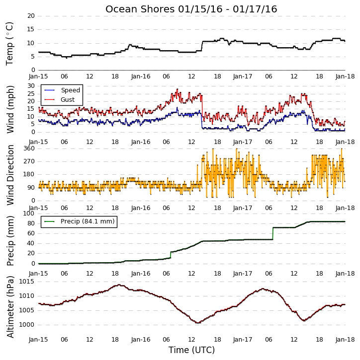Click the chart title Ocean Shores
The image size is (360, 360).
(140, 9)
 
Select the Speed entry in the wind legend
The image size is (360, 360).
(70, 90)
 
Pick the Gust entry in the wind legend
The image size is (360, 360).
(68, 100)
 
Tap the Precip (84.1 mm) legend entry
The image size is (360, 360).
(88, 221)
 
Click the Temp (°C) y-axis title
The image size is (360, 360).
(9, 44)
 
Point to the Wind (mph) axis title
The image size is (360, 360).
(10, 110)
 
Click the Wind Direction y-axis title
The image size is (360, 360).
(10, 175)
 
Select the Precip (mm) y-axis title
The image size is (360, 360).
(10, 241)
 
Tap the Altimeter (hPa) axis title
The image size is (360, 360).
(10, 307)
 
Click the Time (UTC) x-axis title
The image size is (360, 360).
(191, 350)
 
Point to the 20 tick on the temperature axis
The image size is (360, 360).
(31, 16)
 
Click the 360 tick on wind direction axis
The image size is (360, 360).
(29, 148)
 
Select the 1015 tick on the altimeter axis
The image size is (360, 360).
(26, 282)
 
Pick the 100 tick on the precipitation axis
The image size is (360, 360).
(29, 214)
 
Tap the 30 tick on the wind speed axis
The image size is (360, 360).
(31, 86)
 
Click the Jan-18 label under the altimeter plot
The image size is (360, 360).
(345, 340)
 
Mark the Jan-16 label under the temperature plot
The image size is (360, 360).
(141, 76)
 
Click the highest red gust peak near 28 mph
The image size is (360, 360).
(177, 89)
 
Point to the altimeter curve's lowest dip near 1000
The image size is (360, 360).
(197, 323)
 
